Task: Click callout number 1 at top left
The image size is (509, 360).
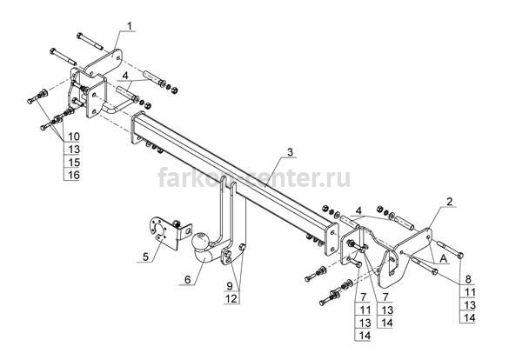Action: click(130, 26)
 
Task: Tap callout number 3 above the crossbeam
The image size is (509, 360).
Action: click(290, 152)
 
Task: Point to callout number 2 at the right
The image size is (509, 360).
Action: click(449, 202)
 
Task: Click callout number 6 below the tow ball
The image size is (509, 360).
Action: click(188, 279)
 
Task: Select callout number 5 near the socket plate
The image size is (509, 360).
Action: click(145, 257)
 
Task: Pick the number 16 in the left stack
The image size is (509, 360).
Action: click(74, 175)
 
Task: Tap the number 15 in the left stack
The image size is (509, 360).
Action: click(74, 162)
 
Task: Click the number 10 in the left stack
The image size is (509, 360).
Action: click(74, 137)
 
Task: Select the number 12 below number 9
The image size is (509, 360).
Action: click(231, 298)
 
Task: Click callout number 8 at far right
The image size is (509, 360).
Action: click(468, 279)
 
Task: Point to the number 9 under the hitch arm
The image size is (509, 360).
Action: click(230, 286)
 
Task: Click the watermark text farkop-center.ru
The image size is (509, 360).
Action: click(254, 177)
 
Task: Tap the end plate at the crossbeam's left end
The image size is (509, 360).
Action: click(137, 128)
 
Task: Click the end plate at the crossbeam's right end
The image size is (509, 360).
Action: click(332, 239)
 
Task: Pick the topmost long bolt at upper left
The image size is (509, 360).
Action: click(90, 42)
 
